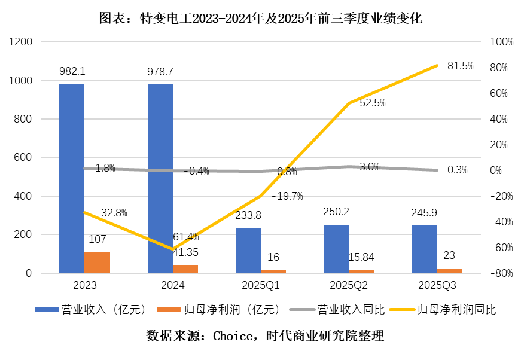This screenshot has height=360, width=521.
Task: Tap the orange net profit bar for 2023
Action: pyautogui.click(x=97, y=263)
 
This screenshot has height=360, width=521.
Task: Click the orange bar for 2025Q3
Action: pyautogui.click(x=449, y=271)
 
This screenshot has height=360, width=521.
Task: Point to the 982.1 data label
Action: pyautogui.click(x=72, y=71)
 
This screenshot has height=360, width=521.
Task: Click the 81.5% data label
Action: pyautogui.click(x=460, y=66)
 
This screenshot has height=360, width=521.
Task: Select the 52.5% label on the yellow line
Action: pyautogui.click(x=372, y=103)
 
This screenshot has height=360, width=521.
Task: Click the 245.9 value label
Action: pyautogui.click(x=423, y=212)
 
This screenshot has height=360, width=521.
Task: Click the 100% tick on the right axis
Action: pyautogui.click(x=501, y=42)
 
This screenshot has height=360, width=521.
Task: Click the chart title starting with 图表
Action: pyautogui.click(x=260, y=19)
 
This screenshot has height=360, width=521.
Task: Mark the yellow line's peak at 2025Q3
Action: pyautogui.click(x=437, y=65)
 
